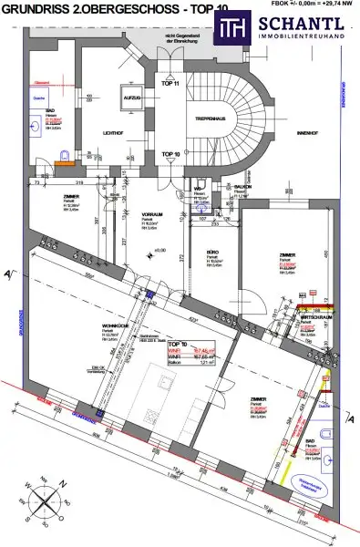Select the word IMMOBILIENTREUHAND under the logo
[x=297, y=37]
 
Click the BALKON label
[x=242, y=186]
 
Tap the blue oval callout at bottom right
[x=323, y=461]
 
